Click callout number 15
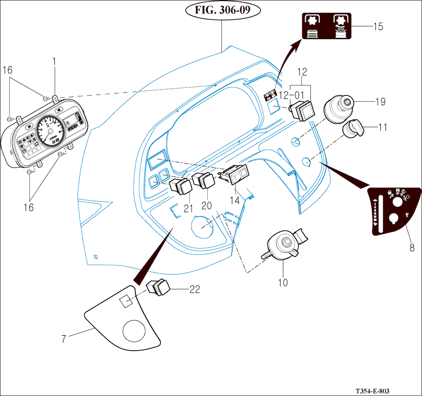point(378,27)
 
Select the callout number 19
point(380,102)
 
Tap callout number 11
point(382,127)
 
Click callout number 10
point(283,282)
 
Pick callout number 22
point(195,289)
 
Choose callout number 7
point(64,339)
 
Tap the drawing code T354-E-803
point(372,391)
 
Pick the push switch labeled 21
point(180,186)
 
